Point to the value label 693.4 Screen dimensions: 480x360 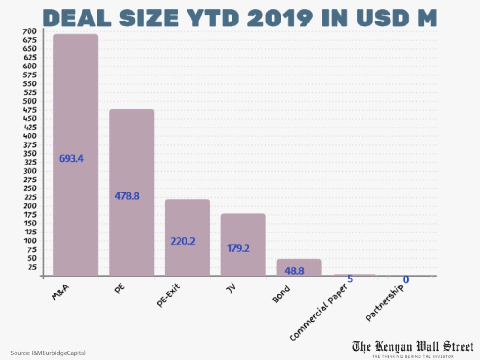point(71,158)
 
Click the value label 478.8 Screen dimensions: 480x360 point(127,196)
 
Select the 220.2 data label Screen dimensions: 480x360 point(183,242)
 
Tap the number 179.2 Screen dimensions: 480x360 point(238,248)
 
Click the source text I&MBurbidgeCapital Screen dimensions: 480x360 point(48,352)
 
